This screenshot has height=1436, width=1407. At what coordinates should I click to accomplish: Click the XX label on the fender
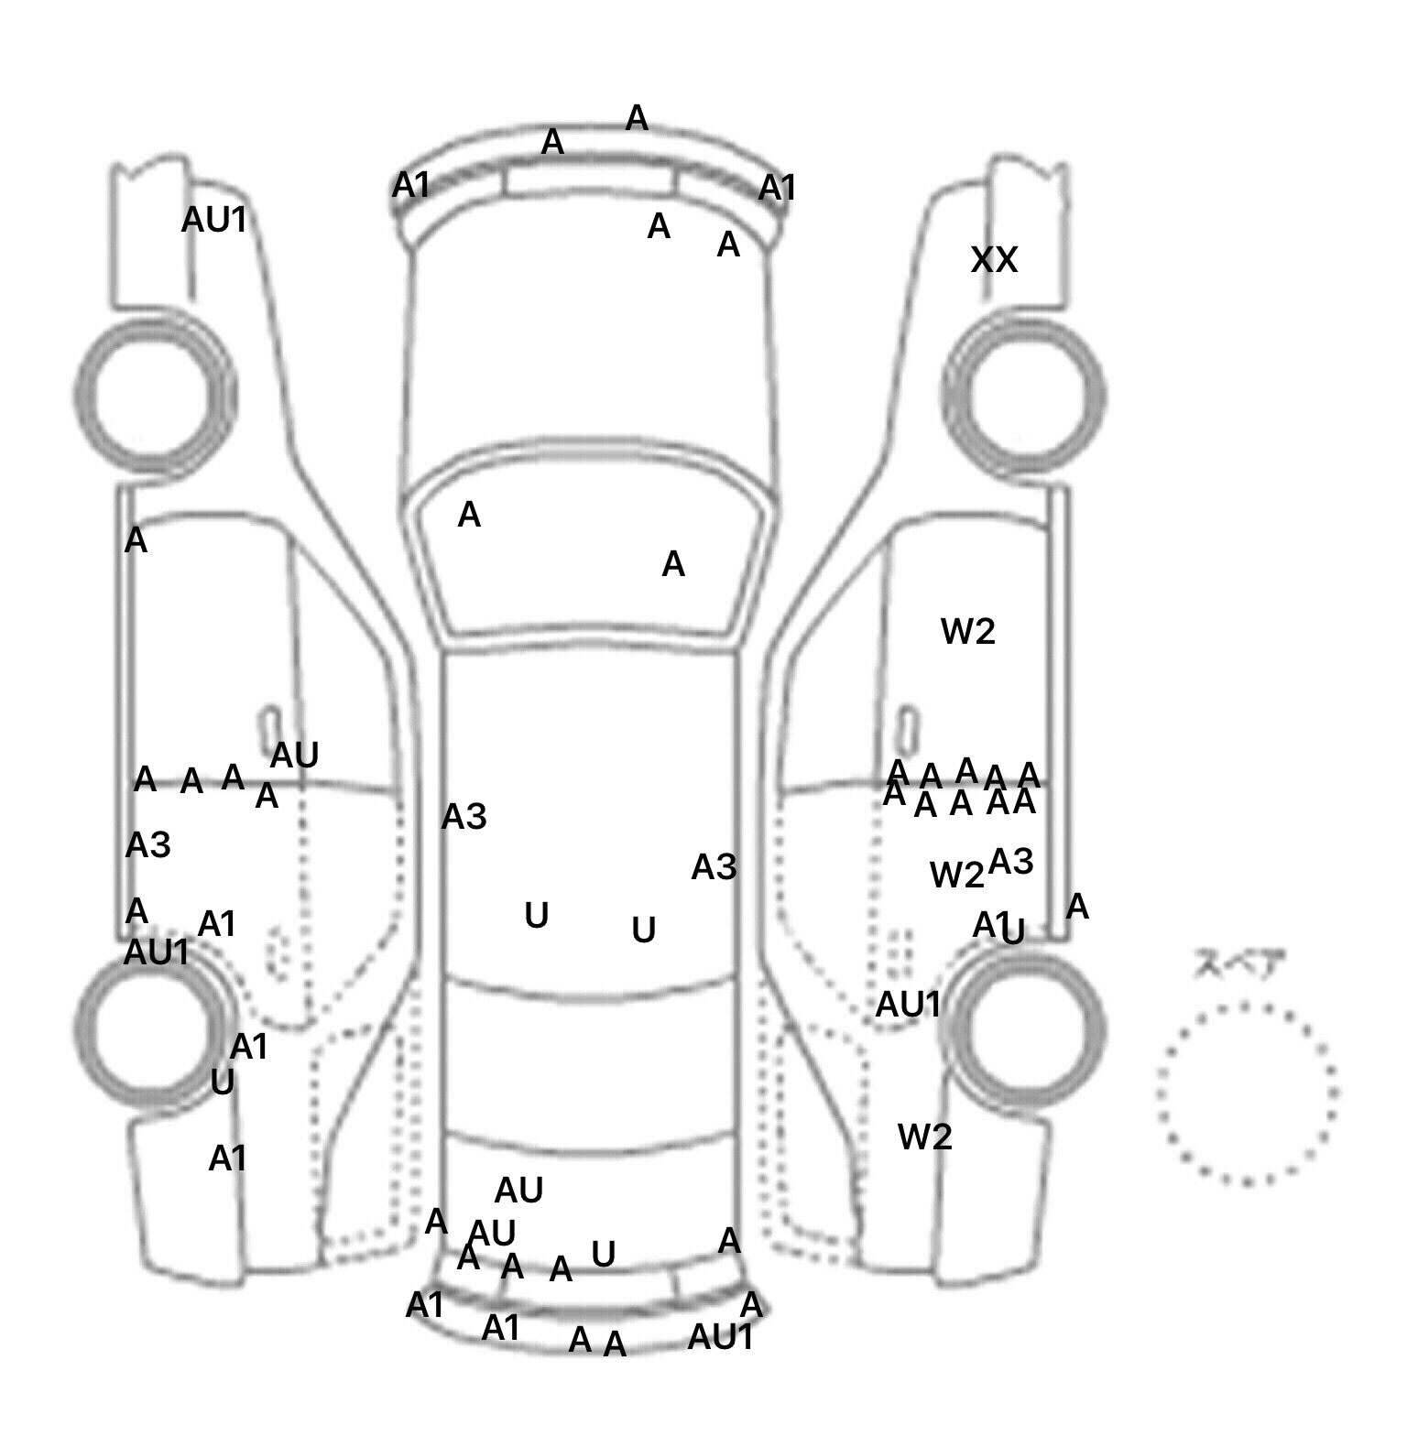(x=994, y=260)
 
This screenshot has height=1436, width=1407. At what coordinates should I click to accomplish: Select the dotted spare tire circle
(x=1247, y=1092)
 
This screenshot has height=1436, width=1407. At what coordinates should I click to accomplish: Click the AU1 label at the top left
(x=214, y=220)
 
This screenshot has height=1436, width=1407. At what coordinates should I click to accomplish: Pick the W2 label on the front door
(x=968, y=631)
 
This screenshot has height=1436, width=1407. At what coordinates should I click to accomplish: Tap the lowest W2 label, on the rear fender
(x=925, y=1137)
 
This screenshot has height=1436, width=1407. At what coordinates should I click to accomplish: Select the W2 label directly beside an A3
(x=956, y=876)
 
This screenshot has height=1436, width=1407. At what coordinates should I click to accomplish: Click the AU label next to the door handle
(x=294, y=756)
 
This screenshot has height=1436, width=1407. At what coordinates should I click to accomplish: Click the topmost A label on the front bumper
(x=637, y=118)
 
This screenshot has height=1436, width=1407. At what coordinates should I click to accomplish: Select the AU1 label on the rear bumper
(x=721, y=1337)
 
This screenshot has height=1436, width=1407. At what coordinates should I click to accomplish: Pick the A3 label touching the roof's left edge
(x=464, y=817)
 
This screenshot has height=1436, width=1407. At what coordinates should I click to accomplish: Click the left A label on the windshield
(x=469, y=515)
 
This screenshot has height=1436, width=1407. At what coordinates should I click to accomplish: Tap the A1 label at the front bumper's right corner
(x=778, y=189)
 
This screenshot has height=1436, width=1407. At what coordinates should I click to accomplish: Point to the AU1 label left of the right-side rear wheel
(x=908, y=1005)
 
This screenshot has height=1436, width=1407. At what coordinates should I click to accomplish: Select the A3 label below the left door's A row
(x=148, y=844)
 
